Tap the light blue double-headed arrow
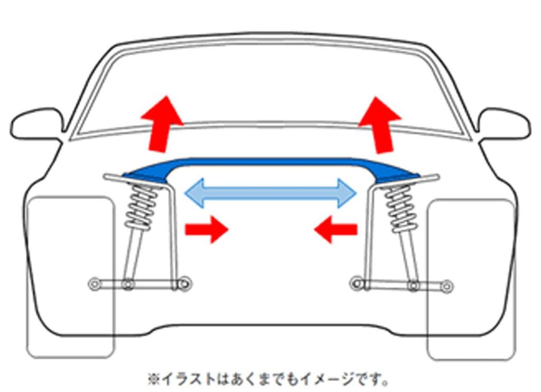click(271, 193)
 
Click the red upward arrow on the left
click(162, 124)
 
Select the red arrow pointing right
click(207, 229)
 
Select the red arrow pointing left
click(335, 229)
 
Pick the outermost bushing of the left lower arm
click(94, 284)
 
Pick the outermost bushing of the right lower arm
click(447, 286)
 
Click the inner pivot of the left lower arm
click(185, 283)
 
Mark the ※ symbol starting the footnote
click(154, 379)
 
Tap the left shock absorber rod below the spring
click(135, 255)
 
